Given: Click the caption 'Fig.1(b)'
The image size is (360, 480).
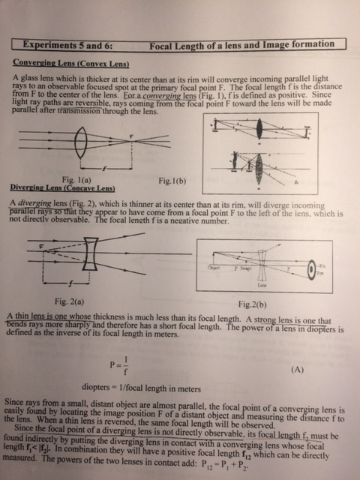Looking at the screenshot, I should pos(175,180).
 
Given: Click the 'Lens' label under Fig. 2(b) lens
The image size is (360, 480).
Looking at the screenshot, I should pos(262,285).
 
